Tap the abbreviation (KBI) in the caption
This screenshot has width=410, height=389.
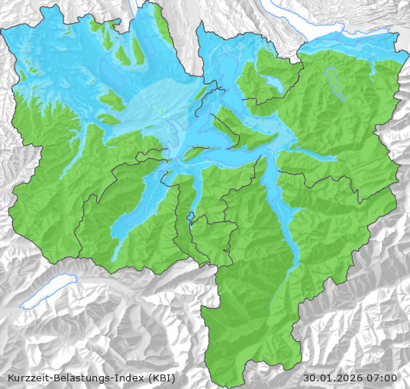162,378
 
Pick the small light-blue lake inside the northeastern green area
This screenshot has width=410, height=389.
273,82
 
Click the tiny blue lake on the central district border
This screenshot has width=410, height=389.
191,216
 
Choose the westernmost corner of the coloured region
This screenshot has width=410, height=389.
2,31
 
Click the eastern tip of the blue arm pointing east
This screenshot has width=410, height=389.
336,159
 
